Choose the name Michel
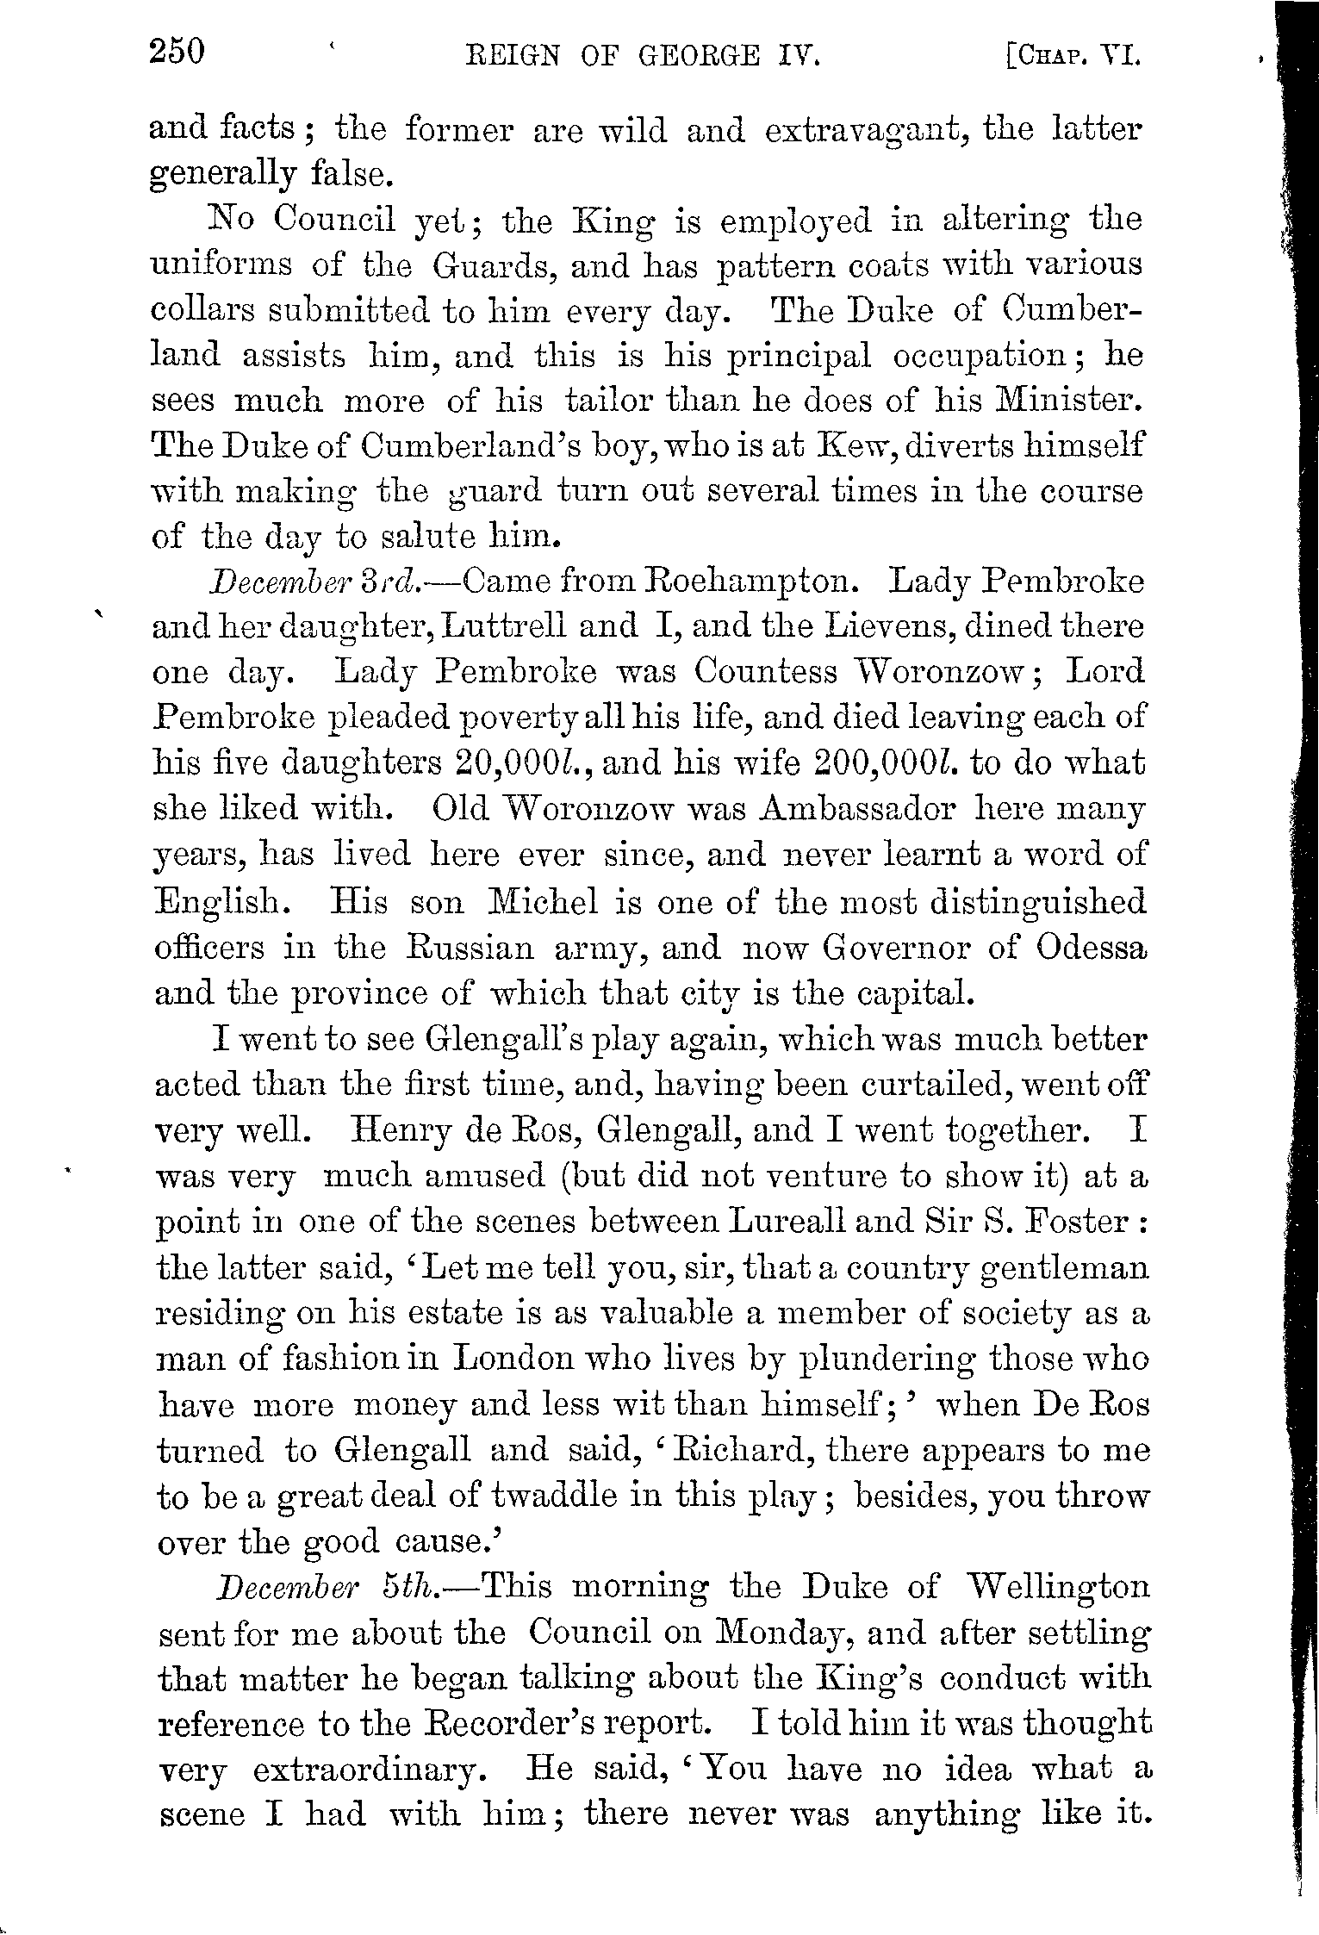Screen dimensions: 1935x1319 [x=542, y=901]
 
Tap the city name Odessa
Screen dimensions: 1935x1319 [x=1092, y=947]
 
